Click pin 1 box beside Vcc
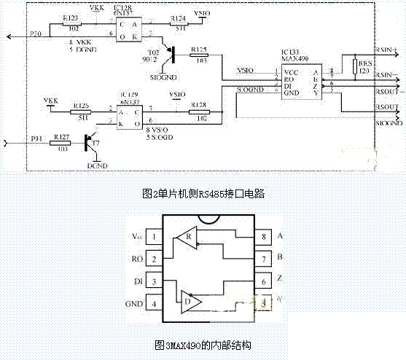(x=155, y=237)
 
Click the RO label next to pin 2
(x=135, y=259)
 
